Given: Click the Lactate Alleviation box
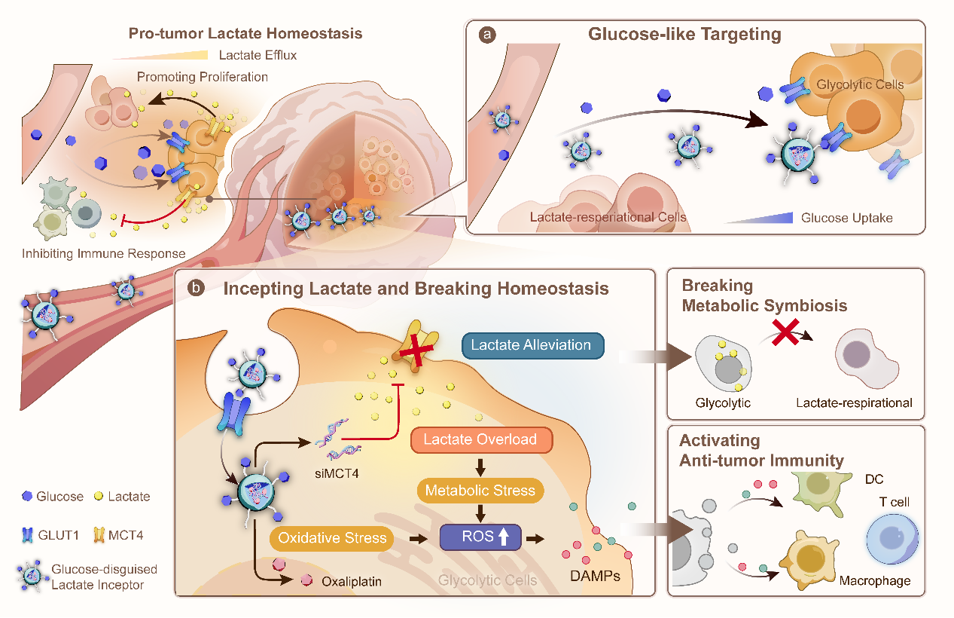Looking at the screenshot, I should click(531, 345).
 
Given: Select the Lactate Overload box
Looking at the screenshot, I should click(480, 440).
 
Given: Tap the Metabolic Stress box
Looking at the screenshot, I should click(480, 491).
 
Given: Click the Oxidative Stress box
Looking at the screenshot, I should click(332, 538).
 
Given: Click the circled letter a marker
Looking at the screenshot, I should click(489, 35).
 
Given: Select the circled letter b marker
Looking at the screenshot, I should click(196, 289).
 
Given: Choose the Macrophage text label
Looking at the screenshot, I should click(874, 580).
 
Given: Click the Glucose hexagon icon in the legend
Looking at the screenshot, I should click(27, 497).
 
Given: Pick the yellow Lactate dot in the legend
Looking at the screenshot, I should click(98, 497).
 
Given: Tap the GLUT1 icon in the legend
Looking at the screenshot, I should click(27, 536).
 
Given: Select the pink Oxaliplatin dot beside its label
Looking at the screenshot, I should click(306, 581).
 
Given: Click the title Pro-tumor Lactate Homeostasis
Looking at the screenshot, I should click(245, 34).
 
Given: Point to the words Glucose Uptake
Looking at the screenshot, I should click(846, 218).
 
